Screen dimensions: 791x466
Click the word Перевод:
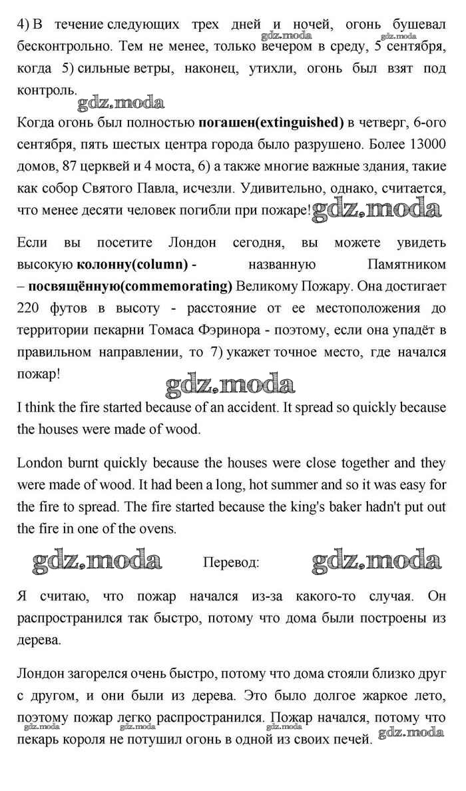[231, 562]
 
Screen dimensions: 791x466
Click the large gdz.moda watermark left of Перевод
[97, 561]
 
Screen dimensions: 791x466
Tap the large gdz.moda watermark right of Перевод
[377, 561]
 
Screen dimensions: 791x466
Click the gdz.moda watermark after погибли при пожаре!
[377, 211]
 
